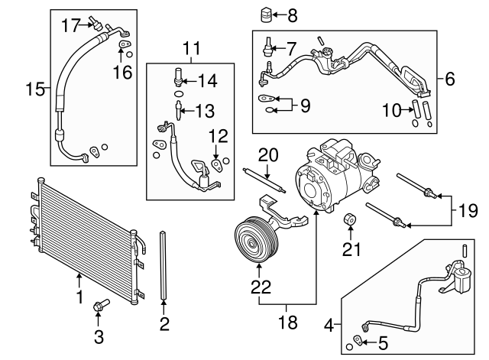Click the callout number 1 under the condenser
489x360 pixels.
(x=79, y=293)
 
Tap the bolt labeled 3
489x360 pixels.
(x=99, y=306)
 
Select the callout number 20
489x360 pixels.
(x=390, y=110)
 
